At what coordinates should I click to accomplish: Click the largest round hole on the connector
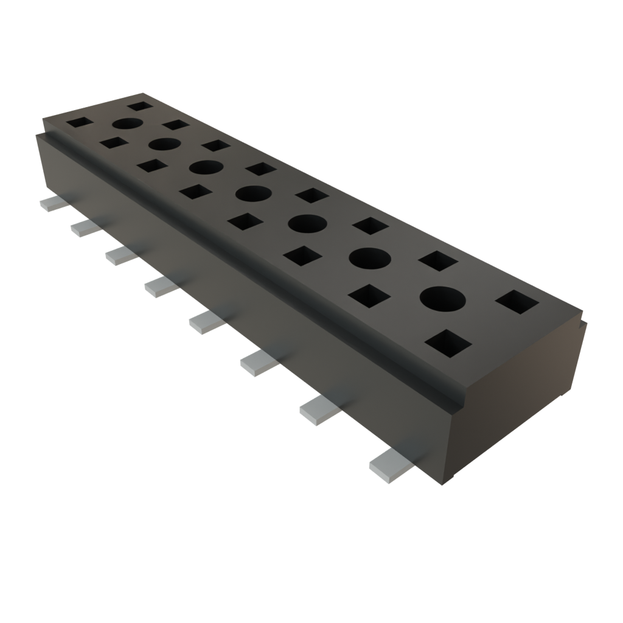(442, 299)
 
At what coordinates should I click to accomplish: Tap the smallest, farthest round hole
(127, 124)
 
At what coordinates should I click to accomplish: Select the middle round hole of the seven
(253, 194)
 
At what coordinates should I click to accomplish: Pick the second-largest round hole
(369, 259)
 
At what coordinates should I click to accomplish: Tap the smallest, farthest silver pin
(50, 203)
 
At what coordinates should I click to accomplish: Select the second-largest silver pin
(318, 411)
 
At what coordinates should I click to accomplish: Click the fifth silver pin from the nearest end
(160, 286)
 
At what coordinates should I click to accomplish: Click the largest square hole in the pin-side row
(448, 343)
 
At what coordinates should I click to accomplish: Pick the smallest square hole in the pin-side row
(80, 122)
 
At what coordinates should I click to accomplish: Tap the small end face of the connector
(517, 395)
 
